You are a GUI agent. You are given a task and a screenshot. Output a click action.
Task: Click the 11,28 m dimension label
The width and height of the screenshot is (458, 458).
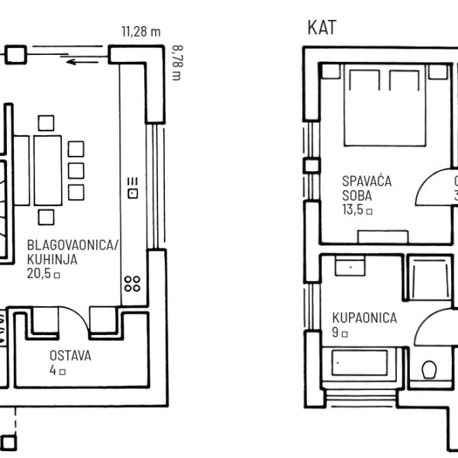click(x=141, y=31)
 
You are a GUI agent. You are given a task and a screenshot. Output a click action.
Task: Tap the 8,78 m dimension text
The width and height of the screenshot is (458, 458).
click(x=177, y=63)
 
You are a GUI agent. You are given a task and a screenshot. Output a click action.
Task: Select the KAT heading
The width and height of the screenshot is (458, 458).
click(x=322, y=27)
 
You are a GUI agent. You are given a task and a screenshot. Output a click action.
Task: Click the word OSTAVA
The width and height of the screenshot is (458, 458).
click(x=70, y=356)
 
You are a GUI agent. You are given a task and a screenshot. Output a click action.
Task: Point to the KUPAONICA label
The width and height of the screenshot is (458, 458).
click(x=365, y=318)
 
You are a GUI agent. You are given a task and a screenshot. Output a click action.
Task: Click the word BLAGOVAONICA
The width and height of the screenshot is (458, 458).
click(x=70, y=245)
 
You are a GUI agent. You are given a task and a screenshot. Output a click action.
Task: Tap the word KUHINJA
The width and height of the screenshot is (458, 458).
click(x=52, y=260)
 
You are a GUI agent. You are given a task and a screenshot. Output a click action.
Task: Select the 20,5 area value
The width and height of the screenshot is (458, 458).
click(x=39, y=273)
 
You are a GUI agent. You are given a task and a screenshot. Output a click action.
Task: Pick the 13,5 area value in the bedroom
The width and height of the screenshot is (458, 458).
click(x=353, y=209)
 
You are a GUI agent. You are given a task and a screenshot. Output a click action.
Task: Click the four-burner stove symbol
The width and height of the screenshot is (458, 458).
click(x=132, y=284)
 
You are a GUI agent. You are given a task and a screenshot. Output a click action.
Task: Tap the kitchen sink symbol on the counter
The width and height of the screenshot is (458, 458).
click(x=133, y=188)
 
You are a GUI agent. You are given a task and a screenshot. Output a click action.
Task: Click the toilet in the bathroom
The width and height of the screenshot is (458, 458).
click(x=429, y=369)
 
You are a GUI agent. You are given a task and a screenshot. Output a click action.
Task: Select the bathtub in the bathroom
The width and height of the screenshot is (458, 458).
click(x=360, y=363)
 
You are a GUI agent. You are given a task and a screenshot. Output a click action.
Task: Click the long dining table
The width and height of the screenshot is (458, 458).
click(x=47, y=170)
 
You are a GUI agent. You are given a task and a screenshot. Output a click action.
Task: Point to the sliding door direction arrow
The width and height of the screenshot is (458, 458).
click(x=82, y=62)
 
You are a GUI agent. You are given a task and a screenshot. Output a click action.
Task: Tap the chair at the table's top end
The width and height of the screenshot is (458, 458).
click(x=46, y=123)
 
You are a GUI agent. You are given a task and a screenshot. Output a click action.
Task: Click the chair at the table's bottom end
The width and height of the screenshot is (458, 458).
click(x=46, y=218)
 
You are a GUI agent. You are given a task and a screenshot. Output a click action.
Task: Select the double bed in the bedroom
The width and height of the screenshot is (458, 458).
click(x=385, y=105)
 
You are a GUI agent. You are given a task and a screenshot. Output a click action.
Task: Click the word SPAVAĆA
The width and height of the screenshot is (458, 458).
click(x=367, y=181)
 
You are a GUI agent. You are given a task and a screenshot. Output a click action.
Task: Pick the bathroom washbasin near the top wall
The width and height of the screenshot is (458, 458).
click(x=350, y=266)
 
